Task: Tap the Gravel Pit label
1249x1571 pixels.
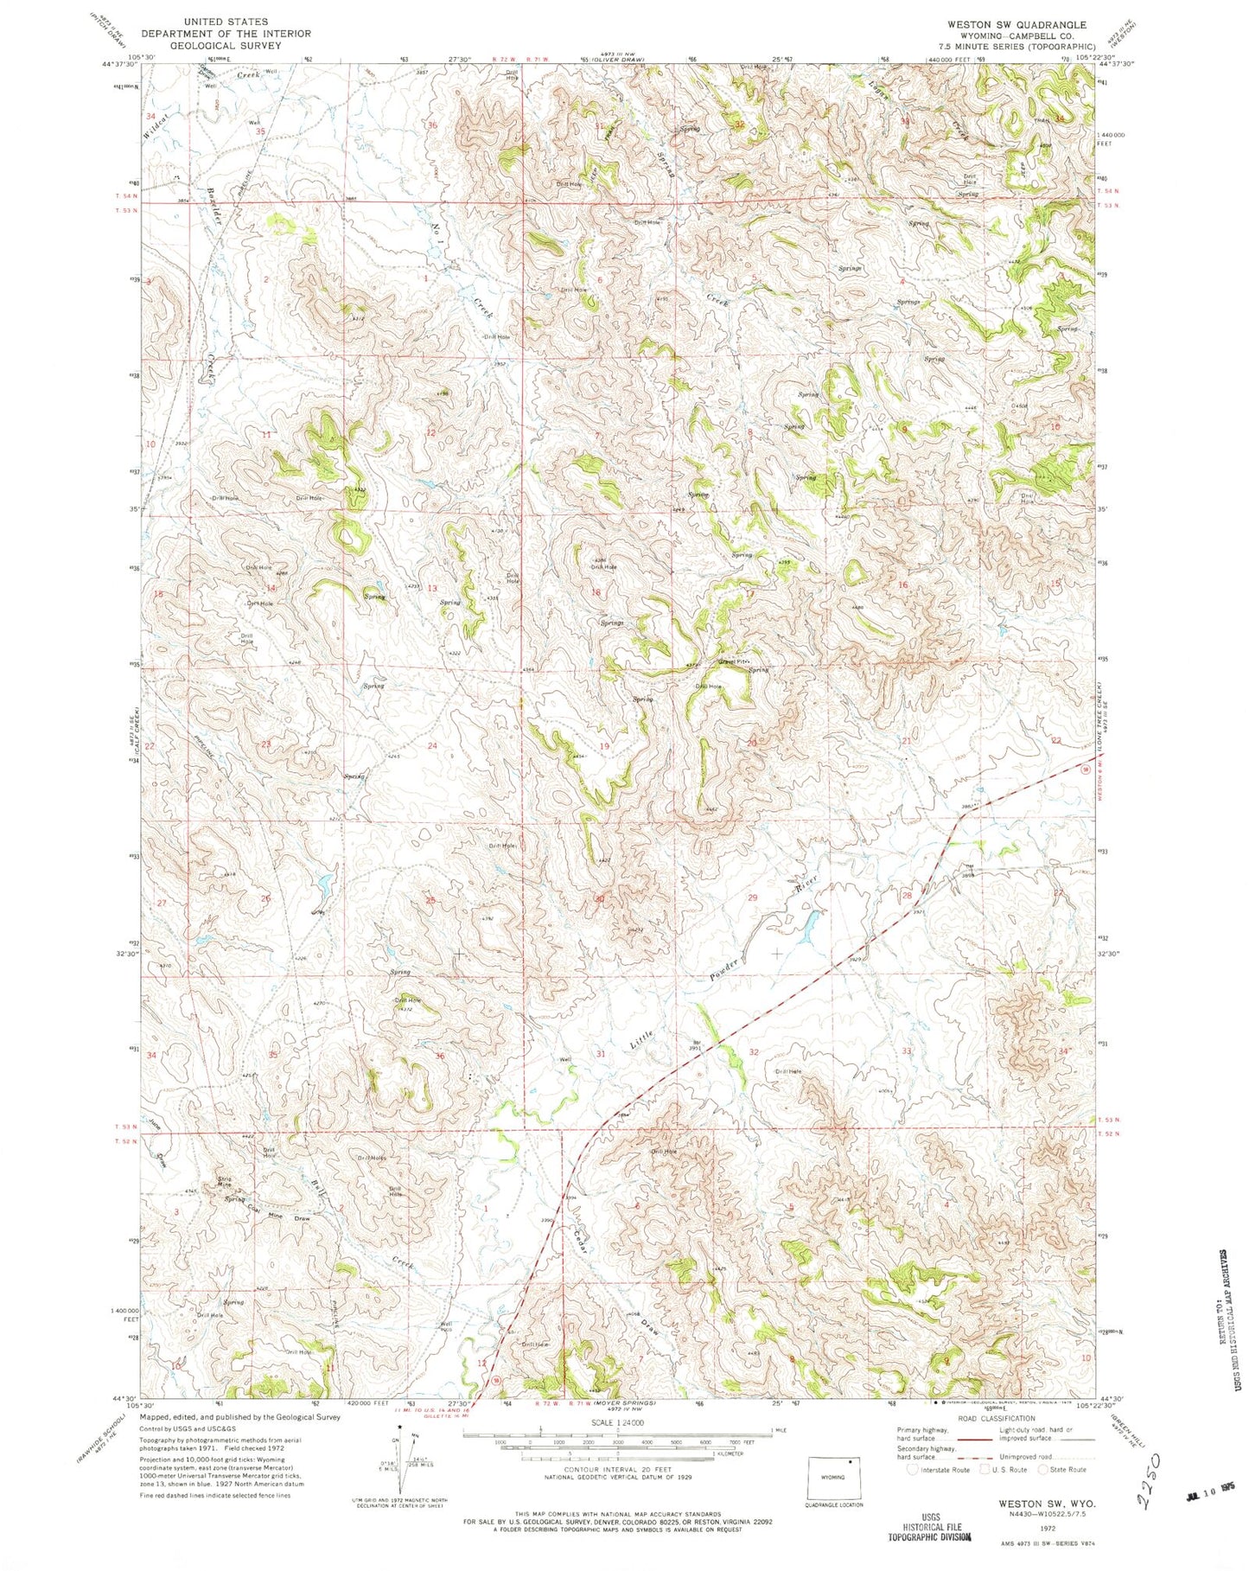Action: coord(730,664)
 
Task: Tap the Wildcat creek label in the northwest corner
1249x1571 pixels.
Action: coord(155,120)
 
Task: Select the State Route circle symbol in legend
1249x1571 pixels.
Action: coord(1046,1469)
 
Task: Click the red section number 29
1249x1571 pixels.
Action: coord(753,898)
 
